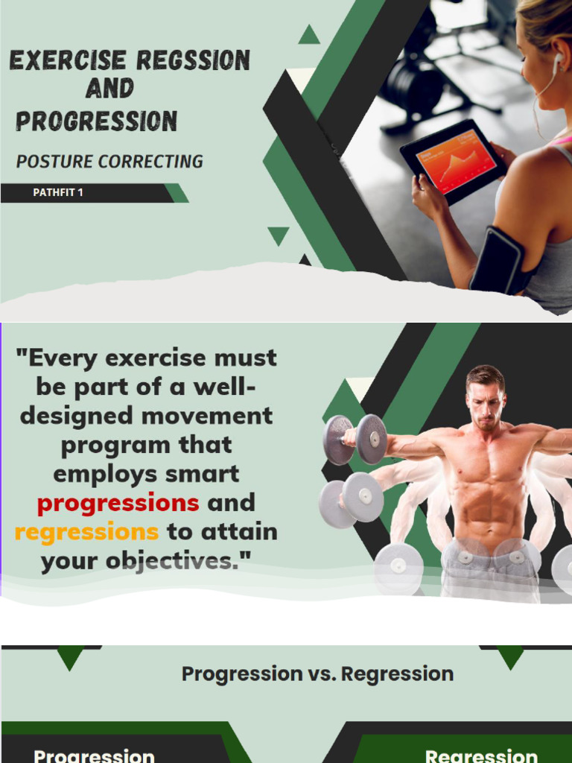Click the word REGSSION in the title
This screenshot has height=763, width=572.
(192, 60)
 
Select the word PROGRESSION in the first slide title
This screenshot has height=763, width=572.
(97, 121)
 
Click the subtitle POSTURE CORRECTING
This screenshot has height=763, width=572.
(109, 161)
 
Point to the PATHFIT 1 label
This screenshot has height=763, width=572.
(58, 193)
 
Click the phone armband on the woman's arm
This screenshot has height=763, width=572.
(498, 261)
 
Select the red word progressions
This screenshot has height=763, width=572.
(118, 503)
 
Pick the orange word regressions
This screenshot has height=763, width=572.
(86, 532)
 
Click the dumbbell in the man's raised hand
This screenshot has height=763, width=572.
(355, 440)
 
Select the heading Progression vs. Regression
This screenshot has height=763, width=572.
(317, 674)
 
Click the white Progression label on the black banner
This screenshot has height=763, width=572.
(95, 756)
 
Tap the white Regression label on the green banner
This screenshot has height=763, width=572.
(481, 756)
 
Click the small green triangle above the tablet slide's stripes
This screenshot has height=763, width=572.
(308, 34)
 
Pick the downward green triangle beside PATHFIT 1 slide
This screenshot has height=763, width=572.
(279, 235)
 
